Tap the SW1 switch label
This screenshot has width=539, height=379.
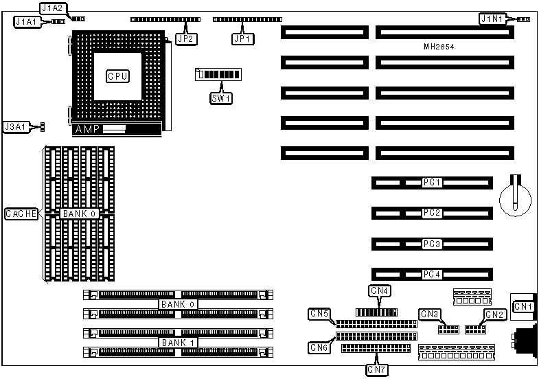pyautogui.click(x=221, y=97)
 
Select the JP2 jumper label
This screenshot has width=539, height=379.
pyautogui.click(x=185, y=39)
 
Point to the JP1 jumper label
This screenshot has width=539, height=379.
pyautogui.click(x=242, y=39)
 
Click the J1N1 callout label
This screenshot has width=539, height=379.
pyautogui.click(x=493, y=20)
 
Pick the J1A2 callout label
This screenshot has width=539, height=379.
pyautogui.click(x=53, y=8)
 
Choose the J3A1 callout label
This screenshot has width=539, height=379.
pyautogui.click(x=16, y=127)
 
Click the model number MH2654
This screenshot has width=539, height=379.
pyautogui.click(x=439, y=47)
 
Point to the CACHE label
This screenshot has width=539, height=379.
pyautogui.click(x=21, y=214)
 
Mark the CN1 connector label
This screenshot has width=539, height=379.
pyautogui.click(x=523, y=306)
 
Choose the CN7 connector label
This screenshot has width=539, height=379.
pyautogui.click(x=377, y=370)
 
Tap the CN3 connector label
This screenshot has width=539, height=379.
pyautogui.click(x=430, y=314)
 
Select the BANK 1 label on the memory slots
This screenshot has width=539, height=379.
pyautogui.click(x=177, y=342)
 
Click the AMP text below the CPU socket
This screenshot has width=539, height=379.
pyautogui.click(x=87, y=130)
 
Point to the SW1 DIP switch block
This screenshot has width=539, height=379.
pyautogui.click(x=219, y=74)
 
